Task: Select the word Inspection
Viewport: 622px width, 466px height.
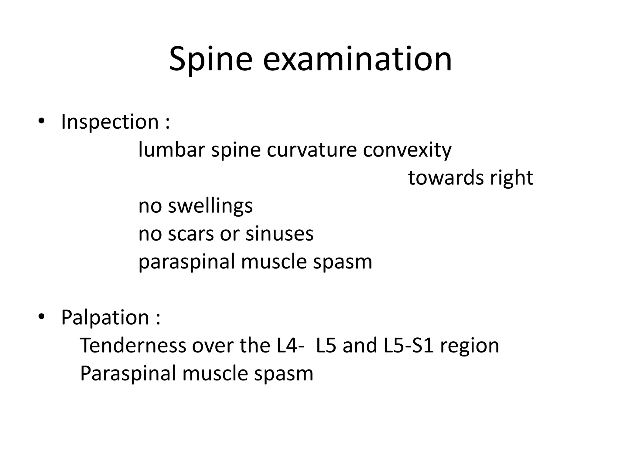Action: pos(110,122)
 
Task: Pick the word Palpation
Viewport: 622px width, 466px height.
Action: pos(105,318)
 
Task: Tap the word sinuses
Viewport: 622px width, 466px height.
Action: pos(279,234)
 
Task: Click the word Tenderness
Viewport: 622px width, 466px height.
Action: pos(133,346)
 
